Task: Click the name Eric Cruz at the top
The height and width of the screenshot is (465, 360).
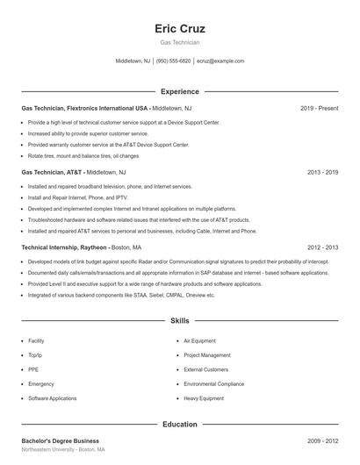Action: (x=179, y=28)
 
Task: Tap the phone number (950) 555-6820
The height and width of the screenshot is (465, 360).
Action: (x=174, y=61)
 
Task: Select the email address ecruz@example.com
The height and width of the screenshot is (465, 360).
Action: (x=220, y=61)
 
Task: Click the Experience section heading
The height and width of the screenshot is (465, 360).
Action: (x=179, y=91)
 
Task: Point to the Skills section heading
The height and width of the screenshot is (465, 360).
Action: (x=179, y=322)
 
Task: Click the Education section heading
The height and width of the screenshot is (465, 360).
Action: (x=179, y=425)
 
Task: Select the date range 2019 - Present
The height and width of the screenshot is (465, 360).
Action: (x=319, y=108)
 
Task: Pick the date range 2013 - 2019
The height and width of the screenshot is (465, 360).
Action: (x=323, y=173)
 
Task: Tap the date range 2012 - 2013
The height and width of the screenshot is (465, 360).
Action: (x=323, y=247)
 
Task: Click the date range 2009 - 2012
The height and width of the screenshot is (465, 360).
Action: (x=323, y=440)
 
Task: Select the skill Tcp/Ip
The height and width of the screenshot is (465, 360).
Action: (x=36, y=355)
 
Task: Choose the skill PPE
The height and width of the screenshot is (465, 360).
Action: (x=32, y=369)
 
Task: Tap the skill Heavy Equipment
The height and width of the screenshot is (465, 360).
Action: (x=204, y=398)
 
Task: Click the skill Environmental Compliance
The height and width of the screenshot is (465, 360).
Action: (x=213, y=383)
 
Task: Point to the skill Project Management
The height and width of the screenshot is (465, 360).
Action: (x=206, y=355)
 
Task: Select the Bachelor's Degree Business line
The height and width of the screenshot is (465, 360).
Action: (x=60, y=440)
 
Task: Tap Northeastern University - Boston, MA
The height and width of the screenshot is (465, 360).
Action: (x=63, y=449)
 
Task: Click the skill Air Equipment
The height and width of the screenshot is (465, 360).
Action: (x=199, y=340)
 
